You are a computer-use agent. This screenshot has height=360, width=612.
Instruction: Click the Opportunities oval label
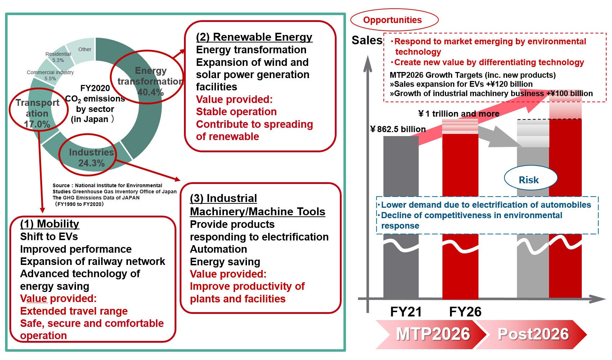pos(392,20)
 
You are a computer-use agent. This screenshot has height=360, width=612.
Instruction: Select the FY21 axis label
pos(406,312)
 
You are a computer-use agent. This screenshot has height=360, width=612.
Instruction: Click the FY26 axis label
pos(465,312)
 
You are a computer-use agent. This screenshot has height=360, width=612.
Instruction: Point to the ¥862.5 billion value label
pos(398,129)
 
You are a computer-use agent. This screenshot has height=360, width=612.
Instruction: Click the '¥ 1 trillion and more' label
pos(459,114)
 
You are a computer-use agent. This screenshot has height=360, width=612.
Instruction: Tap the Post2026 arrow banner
pos(533,334)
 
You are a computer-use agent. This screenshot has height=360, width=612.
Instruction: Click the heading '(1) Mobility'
pos(49,224)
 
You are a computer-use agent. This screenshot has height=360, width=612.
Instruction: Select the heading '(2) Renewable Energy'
pos(254,37)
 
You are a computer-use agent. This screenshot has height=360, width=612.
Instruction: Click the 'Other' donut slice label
pos(85,49)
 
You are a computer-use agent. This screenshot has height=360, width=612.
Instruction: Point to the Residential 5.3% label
pos(58,57)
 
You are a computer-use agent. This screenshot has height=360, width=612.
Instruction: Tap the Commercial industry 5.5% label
pos(50,75)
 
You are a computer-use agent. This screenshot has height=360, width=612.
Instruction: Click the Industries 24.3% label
pos(91,158)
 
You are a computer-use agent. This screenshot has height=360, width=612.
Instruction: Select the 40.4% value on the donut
pos(150,92)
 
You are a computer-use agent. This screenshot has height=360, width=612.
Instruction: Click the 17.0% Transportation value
pos(37,124)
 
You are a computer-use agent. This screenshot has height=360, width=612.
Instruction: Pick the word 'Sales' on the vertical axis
pos(366,40)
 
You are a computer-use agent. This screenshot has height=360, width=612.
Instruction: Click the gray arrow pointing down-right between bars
pos(500,137)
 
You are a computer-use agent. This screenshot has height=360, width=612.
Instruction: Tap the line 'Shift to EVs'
pos(49,237)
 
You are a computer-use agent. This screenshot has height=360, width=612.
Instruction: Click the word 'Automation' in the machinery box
pos(218,249)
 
